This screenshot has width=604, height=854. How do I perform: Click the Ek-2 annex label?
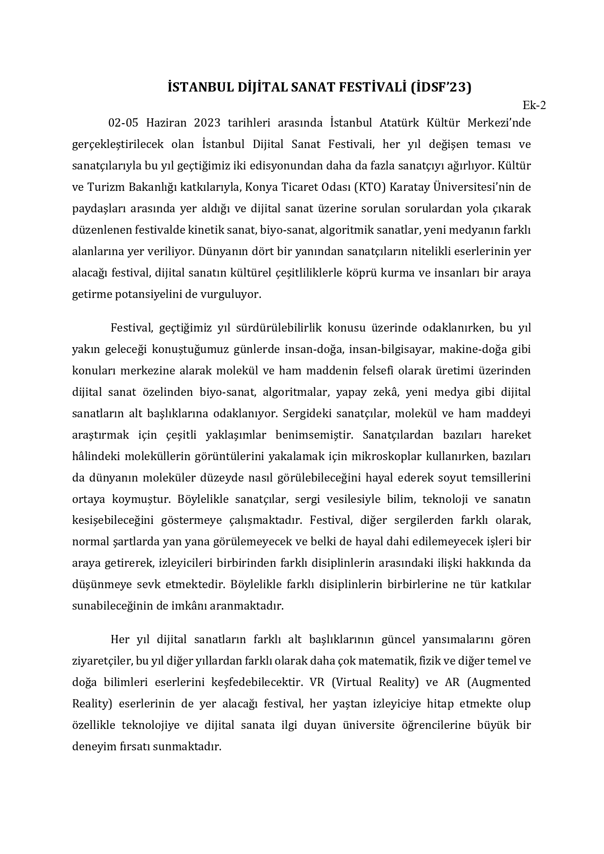coord(534,105)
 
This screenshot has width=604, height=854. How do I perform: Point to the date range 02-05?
coord(123,123)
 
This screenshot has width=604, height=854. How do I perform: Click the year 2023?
coord(207,123)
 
